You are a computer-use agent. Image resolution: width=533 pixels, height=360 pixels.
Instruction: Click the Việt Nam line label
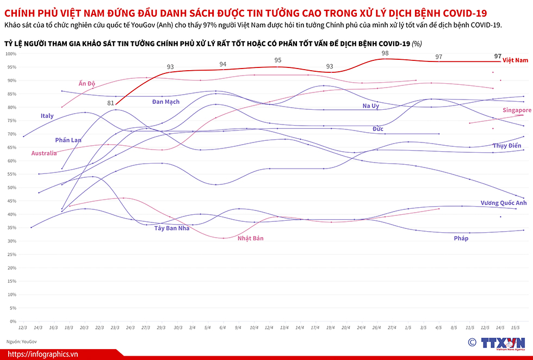(x=516, y=60)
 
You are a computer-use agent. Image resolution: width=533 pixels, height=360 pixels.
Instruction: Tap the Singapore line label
(x=517, y=110)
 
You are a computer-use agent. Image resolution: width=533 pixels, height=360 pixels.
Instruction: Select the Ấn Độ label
(x=87, y=83)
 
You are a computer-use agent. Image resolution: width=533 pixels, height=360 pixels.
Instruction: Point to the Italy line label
(x=47, y=116)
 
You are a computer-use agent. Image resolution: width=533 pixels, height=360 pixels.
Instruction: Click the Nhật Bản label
(x=251, y=238)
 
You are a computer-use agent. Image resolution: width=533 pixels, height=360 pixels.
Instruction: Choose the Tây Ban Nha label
(x=173, y=228)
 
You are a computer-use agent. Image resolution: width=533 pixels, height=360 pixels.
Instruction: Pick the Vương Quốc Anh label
(x=504, y=203)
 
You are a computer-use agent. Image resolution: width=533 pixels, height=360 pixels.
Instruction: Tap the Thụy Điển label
(x=507, y=146)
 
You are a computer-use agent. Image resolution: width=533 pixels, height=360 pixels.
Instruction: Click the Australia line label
(x=44, y=153)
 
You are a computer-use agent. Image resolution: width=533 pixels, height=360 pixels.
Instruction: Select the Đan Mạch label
(x=166, y=102)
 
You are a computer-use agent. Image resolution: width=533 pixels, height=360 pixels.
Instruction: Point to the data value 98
(x=385, y=53)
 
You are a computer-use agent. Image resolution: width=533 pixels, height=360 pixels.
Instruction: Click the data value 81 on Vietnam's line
(x=111, y=103)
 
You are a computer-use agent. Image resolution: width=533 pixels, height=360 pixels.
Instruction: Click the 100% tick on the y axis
(x=12, y=53)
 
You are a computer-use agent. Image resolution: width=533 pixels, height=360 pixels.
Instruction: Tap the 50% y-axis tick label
(x=12, y=188)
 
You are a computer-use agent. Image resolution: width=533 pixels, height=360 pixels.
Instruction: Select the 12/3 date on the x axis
(x=23, y=328)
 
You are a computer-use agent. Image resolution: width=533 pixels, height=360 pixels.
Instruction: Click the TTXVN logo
(x=496, y=343)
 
